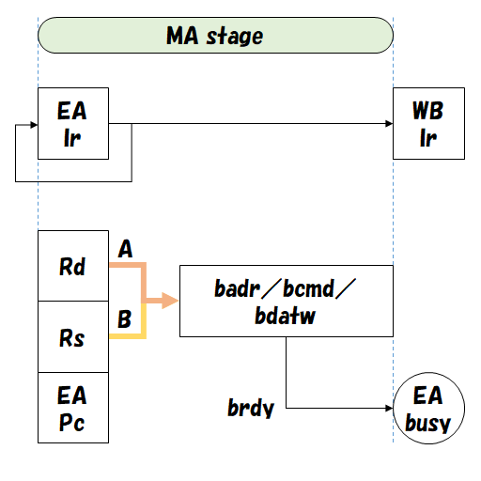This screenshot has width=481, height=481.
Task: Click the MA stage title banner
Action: click(x=214, y=37)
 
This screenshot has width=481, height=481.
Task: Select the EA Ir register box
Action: click(x=73, y=124)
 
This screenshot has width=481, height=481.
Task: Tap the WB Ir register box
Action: click(x=428, y=124)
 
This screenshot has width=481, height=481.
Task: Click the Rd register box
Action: click(x=73, y=267)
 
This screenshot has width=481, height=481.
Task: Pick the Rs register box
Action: click(x=73, y=337)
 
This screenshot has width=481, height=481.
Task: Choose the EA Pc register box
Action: click(x=73, y=408)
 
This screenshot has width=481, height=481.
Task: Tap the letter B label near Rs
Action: click(x=124, y=320)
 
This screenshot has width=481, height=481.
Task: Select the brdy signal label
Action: click(x=250, y=409)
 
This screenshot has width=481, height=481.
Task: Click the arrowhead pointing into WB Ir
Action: click(x=386, y=124)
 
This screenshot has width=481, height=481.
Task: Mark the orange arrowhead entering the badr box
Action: click(x=170, y=301)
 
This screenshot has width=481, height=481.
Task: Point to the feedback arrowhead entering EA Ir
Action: click(x=32, y=124)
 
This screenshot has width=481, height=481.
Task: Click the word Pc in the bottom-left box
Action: click(x=72, y=423)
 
